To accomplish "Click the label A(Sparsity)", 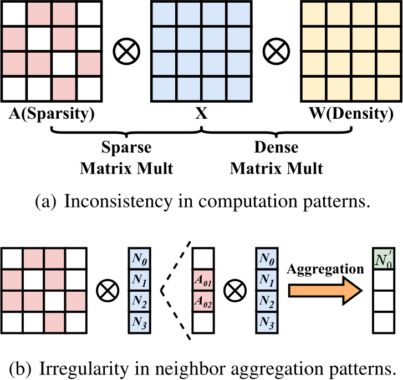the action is point(52,114).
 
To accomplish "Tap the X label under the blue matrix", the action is point(201,113).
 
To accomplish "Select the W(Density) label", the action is point(351,114).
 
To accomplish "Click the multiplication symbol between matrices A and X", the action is point(126,51).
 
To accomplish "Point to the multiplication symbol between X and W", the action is point(276,51).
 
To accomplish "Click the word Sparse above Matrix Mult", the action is point(126,148).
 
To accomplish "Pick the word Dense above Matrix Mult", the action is point(276,147).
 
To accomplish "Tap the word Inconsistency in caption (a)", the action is point(118,201).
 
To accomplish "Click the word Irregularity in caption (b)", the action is point(84,369).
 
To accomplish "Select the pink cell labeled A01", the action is point(203,280).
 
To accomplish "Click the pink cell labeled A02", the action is point(203,301).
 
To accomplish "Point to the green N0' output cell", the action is point(384,259).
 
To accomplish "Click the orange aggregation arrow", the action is point(325,291).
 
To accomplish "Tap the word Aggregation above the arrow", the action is point(325,270).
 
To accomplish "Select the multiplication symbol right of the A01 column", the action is point(235,291).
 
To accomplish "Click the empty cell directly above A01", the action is point(203,259).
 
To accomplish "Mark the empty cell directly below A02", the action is point(203,322).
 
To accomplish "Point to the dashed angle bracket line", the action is point(161,291).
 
